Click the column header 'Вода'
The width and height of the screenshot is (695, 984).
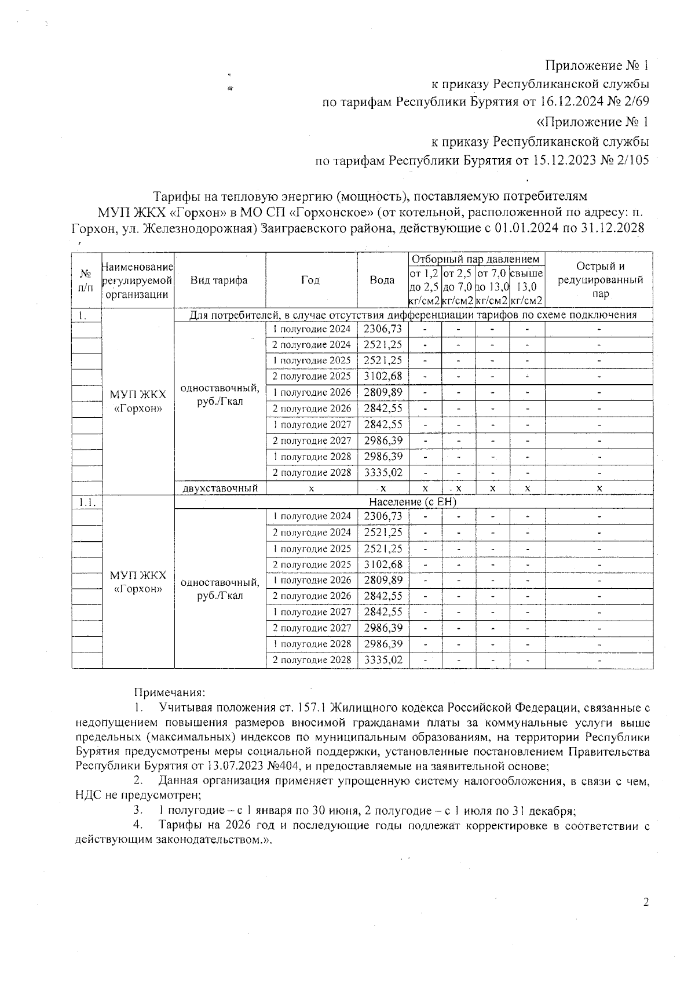382,280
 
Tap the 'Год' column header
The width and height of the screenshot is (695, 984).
311,280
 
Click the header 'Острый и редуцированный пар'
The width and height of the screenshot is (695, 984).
600,280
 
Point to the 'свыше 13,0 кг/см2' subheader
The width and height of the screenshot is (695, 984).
527,286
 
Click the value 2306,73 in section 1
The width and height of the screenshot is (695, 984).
383,329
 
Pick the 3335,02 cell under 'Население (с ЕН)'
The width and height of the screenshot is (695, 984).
383,659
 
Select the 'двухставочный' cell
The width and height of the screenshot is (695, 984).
220,488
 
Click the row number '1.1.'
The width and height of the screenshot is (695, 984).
86,502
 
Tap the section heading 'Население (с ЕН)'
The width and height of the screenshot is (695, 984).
413,502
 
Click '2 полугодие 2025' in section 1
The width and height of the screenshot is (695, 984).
312,377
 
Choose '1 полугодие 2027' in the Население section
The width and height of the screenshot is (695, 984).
312,612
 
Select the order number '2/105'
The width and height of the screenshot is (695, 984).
632,161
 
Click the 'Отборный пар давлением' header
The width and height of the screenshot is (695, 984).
477,259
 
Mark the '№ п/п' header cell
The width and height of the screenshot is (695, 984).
86,280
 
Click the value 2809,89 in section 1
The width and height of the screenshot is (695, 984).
383,392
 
